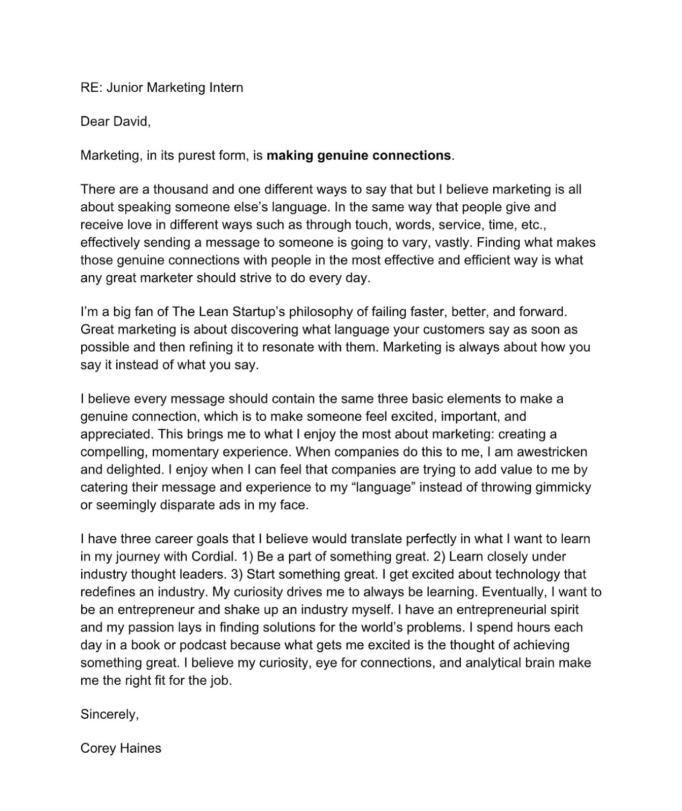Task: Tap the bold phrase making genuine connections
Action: click(x=359, y=156)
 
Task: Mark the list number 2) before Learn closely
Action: click(x=439, y=557)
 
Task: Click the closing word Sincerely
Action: click(x=109, y=715)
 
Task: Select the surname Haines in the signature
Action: click(x=141, y=748)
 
